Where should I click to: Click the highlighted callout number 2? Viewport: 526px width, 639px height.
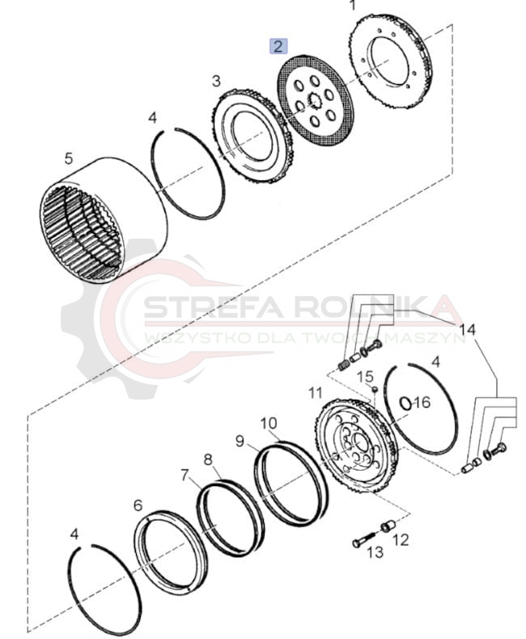tap(278, 46)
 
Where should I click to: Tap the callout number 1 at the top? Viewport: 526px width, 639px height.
tap(353, 6)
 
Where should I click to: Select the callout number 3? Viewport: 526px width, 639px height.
tap(217, 81)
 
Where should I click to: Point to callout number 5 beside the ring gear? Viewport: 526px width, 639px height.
tap(69, 158)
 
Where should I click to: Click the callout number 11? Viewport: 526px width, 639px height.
tap(316, 393)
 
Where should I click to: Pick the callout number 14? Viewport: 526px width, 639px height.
tap(468, 329)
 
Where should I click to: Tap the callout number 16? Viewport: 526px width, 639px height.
tap(422, 403)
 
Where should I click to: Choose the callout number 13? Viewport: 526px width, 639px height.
tap(375, 552)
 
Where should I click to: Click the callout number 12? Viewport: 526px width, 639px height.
tap(401, 540)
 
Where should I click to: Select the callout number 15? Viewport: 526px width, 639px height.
tap(365, 376)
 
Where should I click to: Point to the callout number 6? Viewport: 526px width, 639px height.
tap(138, 506)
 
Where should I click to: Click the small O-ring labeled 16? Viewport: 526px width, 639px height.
tap(405, 404)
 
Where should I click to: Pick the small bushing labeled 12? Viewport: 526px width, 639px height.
tap(388, 527)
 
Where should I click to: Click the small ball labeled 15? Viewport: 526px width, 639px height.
tap(375, 390)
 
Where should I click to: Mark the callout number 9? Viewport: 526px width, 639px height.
tap(240, 442)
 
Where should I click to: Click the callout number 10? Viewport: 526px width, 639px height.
tap(269, 424)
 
